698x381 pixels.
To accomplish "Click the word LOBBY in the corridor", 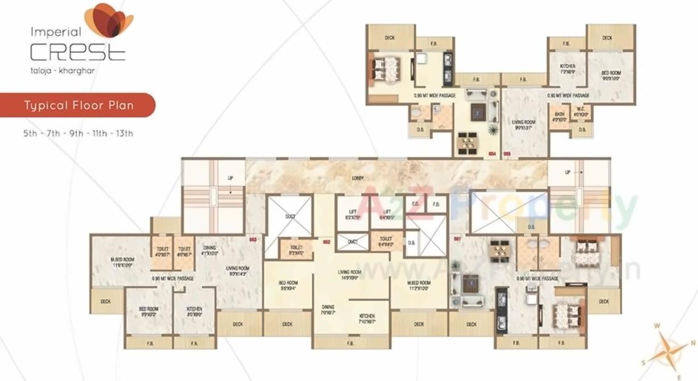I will point(358,178).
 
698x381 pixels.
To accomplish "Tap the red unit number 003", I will point(253,240).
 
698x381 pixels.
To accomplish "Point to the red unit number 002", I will point(327,242).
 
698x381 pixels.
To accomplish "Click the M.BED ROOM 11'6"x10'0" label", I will point(121,263).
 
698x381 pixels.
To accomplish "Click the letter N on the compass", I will point(693,342).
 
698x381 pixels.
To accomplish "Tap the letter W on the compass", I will point(656,326).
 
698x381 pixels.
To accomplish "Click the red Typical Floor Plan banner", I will point(78,105).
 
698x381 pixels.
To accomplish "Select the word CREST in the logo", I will point(77,53).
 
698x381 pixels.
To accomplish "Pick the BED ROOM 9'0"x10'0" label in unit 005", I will point(611,76).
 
